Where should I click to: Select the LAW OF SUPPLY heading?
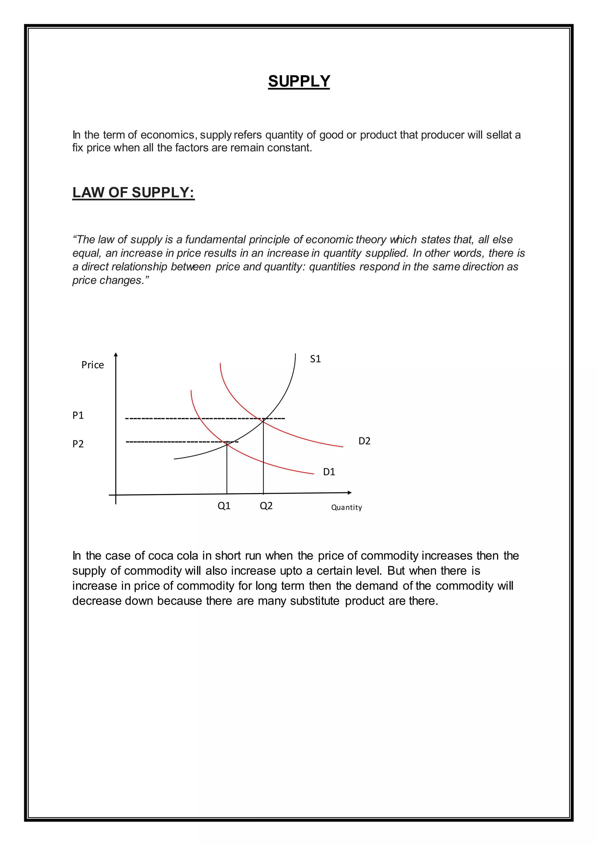[134, 193]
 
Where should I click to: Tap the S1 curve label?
[315, 359]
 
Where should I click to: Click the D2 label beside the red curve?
[364, 441]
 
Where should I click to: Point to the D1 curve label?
[329, 472]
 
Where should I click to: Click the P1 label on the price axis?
[78, 415]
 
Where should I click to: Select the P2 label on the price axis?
[78, 444]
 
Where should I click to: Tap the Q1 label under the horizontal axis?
[224, 506]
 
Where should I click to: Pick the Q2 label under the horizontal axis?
[266, 506]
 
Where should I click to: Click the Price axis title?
[93, 365]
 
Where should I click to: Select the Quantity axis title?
[346, 507]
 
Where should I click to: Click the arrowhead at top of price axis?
[116, 355]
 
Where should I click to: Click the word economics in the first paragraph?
[167, 135]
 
